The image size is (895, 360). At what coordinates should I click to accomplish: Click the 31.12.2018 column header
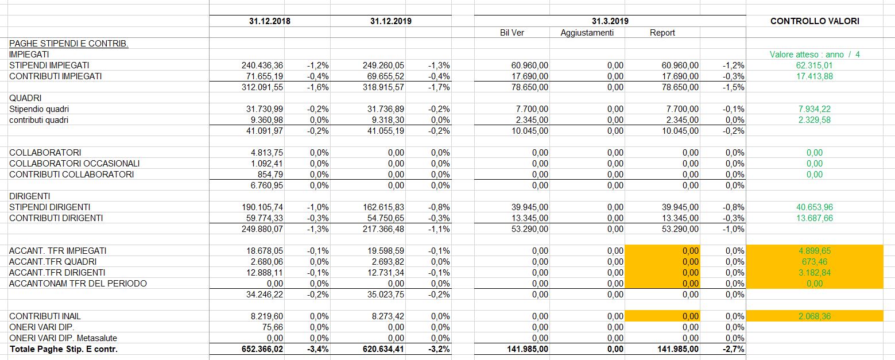point(270,21)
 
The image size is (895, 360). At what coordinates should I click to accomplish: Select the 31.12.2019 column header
point(391,21)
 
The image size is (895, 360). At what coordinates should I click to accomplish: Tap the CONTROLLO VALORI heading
point(815,21)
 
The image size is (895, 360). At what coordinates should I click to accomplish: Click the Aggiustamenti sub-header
point(587,33)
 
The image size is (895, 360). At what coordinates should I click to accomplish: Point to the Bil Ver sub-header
point(512,33)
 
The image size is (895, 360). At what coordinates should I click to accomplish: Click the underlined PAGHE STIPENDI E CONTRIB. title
point(69,44)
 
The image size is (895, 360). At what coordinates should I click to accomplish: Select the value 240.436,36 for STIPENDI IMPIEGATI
point(262,65)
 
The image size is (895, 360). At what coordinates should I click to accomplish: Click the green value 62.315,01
point(814,65)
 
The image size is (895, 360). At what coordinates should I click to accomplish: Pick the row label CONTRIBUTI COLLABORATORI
point(72,175)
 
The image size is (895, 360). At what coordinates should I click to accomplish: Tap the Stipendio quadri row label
point(39,109)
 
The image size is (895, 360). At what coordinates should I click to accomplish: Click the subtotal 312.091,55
point(262,87)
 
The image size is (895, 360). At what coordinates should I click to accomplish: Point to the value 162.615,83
point(383,207)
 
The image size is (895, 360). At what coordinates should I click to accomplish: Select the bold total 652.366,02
point(262,349)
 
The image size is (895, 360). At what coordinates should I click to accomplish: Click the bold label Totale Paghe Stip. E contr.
point(64,349)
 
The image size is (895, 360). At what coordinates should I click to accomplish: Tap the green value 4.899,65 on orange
point(814,251)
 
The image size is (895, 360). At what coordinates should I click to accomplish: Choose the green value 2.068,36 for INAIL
point(814,316)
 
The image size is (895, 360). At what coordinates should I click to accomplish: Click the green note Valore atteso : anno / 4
point(815,55)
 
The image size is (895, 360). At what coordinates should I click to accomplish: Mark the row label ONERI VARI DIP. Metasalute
point(63,338)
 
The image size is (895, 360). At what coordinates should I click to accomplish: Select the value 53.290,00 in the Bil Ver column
point(530,229)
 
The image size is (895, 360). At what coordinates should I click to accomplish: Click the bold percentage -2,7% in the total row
point(734,349)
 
